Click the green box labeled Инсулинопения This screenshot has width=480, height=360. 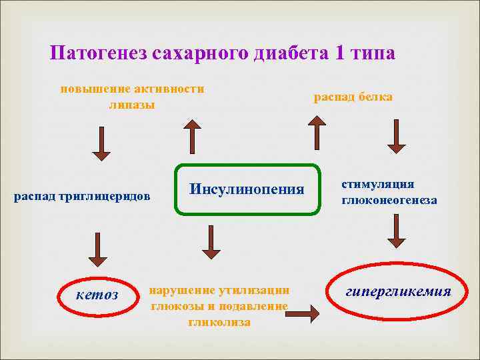coord(247,189)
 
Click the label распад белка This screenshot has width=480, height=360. coord(353,97)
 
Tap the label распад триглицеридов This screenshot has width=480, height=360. coord(83,196)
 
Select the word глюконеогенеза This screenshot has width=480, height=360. coord(389,200)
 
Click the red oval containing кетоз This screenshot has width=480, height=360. coord(98,294)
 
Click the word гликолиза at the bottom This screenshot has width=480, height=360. coord(219,323)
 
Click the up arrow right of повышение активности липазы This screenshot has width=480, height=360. coord(192,137)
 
